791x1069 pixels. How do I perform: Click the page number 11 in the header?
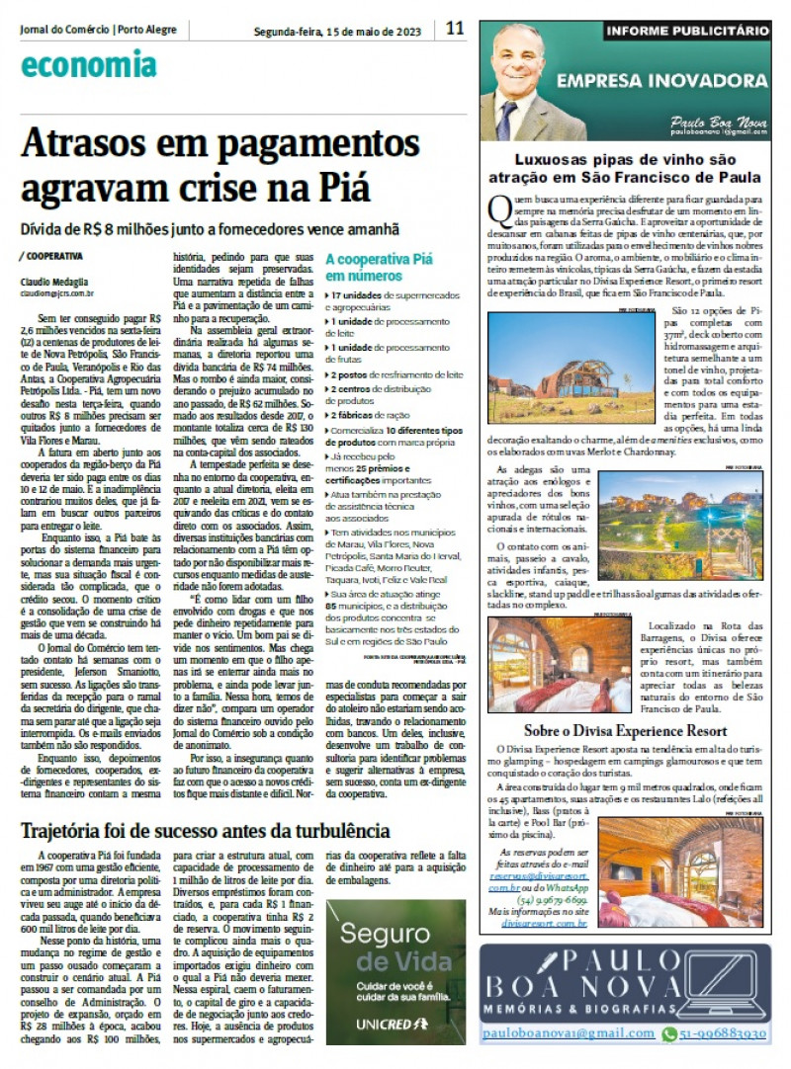(454, 28)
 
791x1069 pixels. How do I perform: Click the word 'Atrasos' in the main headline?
(97, 146)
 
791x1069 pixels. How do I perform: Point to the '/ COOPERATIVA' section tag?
(49, 255)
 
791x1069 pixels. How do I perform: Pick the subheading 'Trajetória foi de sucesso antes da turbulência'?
(206, 829)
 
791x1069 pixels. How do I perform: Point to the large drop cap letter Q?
(497, 207)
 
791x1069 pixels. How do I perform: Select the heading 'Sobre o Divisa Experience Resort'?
(626, 731)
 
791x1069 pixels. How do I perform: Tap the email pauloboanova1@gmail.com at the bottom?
(568, 1033)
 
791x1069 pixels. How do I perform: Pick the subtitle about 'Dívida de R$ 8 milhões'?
(211, 228)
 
